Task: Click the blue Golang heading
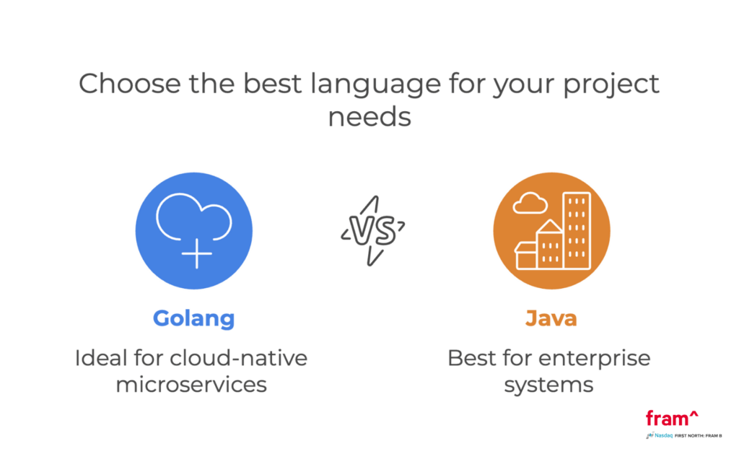tap(193, 318)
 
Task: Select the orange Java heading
tap(551, 318)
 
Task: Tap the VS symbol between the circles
tap(372, 230)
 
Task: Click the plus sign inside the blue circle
tap(196, 254)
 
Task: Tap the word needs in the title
tap(369, 116)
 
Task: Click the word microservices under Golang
tap(191, 384)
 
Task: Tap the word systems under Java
tap(548, 384)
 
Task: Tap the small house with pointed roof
tap(549, 245)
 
